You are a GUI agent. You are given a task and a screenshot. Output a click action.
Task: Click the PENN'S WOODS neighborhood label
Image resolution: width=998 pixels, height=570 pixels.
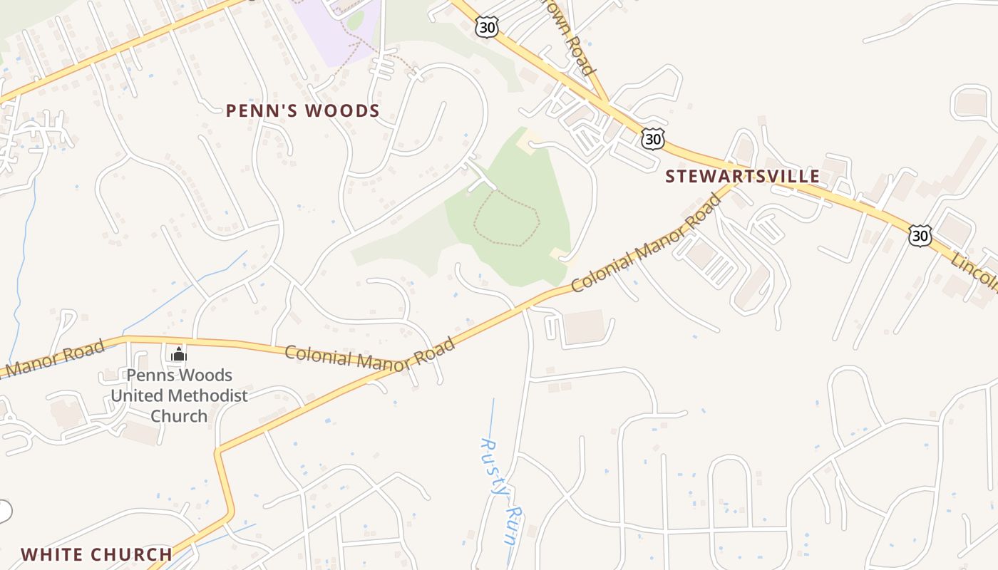click(302, 111)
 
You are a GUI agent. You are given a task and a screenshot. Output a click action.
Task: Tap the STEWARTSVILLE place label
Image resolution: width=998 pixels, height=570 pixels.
click(742, 177)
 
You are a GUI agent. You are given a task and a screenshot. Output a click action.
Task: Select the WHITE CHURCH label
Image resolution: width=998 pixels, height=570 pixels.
click(96, 554)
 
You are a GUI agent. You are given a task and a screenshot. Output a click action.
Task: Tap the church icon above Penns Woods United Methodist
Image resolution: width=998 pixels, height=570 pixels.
click(178, 354)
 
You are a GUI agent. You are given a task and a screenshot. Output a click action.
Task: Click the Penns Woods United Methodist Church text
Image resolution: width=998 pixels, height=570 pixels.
click(178, 395)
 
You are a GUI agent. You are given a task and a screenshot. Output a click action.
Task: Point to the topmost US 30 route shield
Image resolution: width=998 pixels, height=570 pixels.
click(485, 26)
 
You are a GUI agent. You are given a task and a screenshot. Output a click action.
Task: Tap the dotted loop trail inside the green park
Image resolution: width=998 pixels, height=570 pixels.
click(506, 217)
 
